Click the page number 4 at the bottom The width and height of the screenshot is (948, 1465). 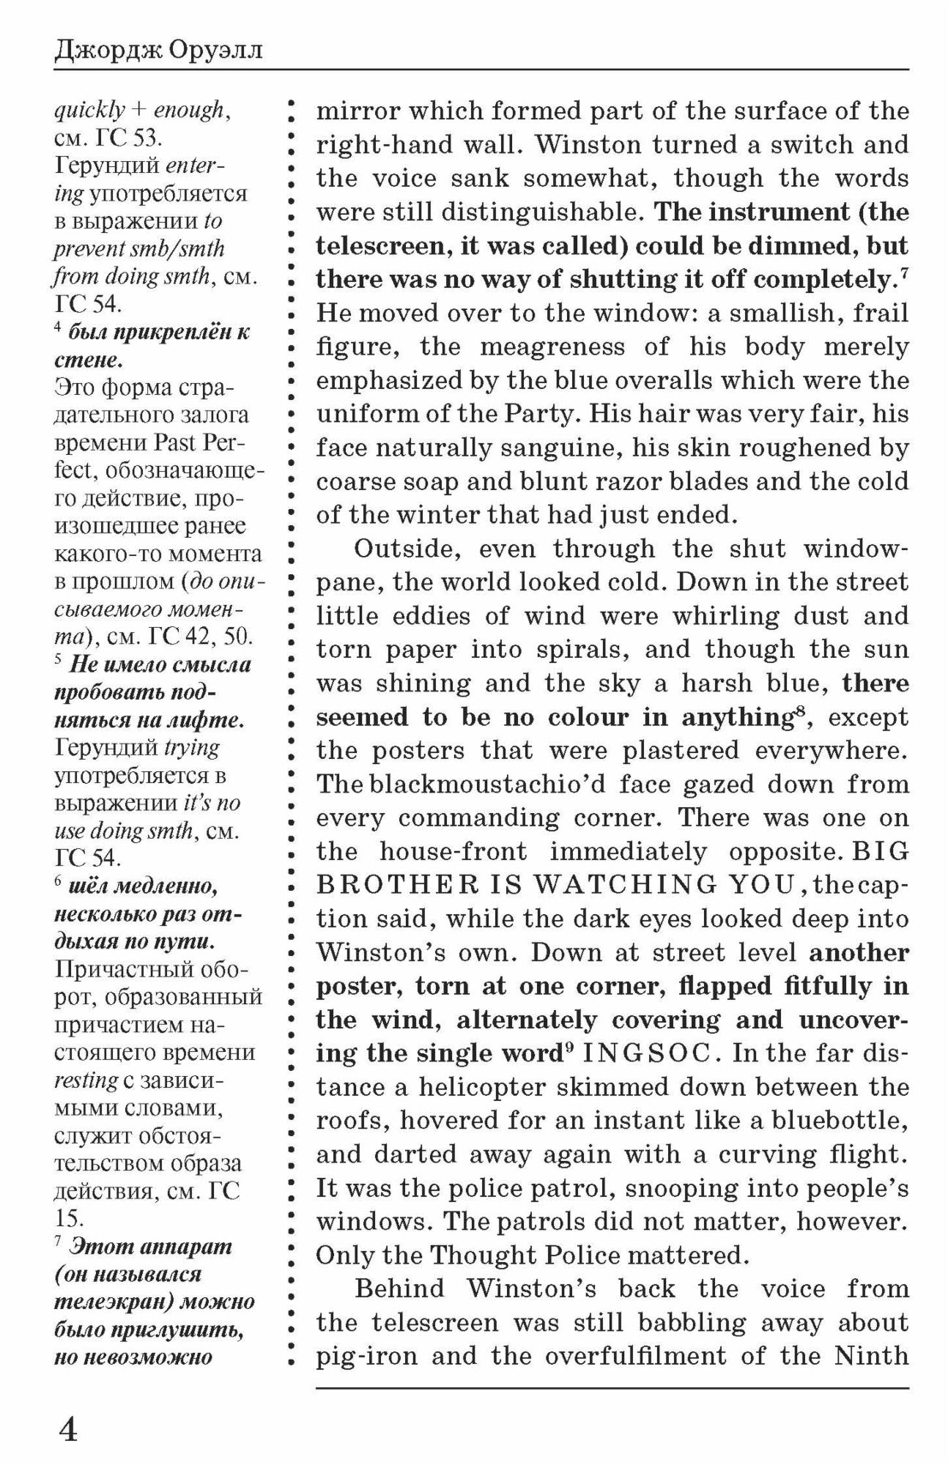click(x=67, y=1429)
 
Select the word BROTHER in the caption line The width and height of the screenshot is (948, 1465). click(x=390, y=886)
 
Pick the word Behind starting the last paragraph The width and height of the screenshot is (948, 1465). click(x=400, y=1289)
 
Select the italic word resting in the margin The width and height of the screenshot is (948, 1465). click(x=86, y=1080)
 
